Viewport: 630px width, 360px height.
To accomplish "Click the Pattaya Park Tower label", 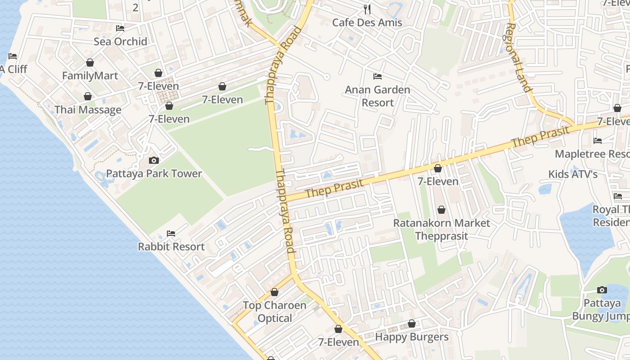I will pos(154,174).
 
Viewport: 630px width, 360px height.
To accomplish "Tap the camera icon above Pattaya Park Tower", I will pos(154,160).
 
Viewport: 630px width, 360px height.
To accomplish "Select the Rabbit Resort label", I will pos(171,247).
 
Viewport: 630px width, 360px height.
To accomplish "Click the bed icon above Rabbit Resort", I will pos(171,233).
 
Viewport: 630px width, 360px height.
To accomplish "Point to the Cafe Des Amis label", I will pos(367,22).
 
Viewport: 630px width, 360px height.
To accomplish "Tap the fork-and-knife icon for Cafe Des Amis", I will pos(367,9).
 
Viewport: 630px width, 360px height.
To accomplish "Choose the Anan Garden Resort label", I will pos(378,96).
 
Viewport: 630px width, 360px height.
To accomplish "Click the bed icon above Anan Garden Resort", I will pos(378,76).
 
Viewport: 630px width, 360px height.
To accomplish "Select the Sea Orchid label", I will pos(120,41).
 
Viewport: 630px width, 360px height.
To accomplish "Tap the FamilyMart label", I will pos(90,76).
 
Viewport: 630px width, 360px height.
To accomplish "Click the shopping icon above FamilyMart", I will pos(90,63).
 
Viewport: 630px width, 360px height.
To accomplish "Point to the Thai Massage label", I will pos(88,110).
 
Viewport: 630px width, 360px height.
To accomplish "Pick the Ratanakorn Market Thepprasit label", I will pos(441,229).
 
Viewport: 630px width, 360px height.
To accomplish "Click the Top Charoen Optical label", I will pos(274,311).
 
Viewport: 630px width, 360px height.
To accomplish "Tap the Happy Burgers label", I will pos(412,337).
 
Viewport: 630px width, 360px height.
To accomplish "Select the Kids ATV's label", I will pos(572,174).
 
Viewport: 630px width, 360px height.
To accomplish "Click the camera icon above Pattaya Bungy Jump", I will pos(602,290).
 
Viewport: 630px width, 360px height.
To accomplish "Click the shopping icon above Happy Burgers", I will pos(412,324).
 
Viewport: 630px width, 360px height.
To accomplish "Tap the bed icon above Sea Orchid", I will pos(120,28).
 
